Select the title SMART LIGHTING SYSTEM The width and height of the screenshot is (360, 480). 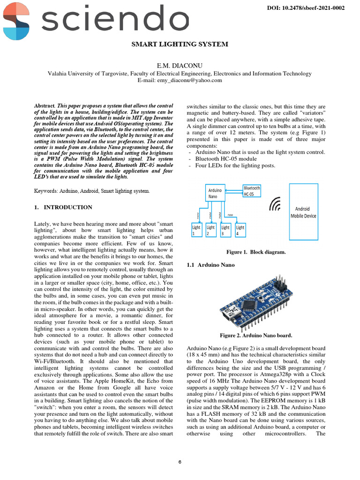[180, 44]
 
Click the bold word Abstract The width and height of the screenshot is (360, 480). [45, 106]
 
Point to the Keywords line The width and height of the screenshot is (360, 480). [92, 191]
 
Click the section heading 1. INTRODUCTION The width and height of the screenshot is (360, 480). [63, 207]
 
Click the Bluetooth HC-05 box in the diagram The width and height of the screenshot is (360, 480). [252, 191]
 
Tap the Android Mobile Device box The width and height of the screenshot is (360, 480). [303, 212]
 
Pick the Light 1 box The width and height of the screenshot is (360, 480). [196, 230]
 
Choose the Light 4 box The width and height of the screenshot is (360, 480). [240, 230]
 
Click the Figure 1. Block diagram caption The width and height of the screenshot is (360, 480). [256, 252]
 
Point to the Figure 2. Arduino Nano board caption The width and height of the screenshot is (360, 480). [256, 335]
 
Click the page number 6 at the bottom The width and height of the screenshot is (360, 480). [180, 462]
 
